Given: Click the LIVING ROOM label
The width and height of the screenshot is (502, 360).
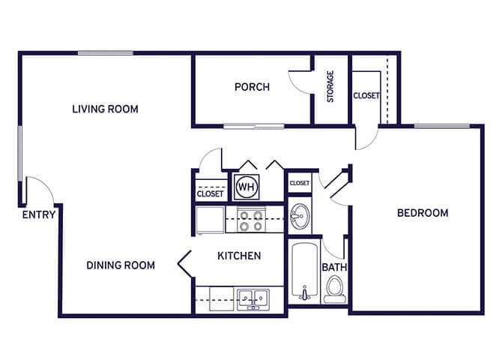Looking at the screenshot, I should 105,109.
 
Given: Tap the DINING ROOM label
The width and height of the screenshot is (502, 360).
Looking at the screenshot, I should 121,265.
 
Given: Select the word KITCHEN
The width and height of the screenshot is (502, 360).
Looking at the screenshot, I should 239,256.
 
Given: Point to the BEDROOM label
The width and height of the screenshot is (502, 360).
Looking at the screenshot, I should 423,213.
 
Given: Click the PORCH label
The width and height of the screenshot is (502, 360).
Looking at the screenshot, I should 252,87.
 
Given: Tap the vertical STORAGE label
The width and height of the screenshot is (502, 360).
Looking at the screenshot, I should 330,87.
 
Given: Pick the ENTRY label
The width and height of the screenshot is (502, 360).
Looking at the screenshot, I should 38,215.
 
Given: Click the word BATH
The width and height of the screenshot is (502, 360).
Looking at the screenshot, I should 333,267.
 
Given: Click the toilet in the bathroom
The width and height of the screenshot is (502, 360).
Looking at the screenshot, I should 335,289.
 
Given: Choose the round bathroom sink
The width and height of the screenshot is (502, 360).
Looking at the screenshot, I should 300,217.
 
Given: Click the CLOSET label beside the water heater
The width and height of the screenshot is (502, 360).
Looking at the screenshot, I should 210,193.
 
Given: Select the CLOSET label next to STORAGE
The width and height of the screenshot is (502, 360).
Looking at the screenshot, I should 366,96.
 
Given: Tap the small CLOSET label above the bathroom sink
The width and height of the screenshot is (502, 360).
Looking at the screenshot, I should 300,183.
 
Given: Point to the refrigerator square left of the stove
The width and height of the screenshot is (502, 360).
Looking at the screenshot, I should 209,220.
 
